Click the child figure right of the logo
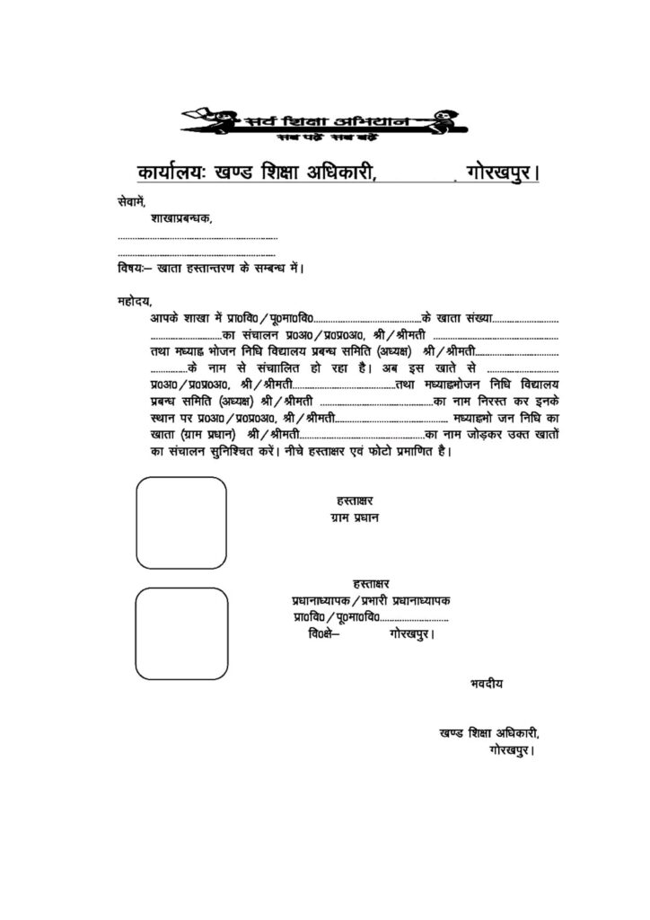[442, 121]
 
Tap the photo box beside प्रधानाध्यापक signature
[180, 633]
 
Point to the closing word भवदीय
[487, 683]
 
